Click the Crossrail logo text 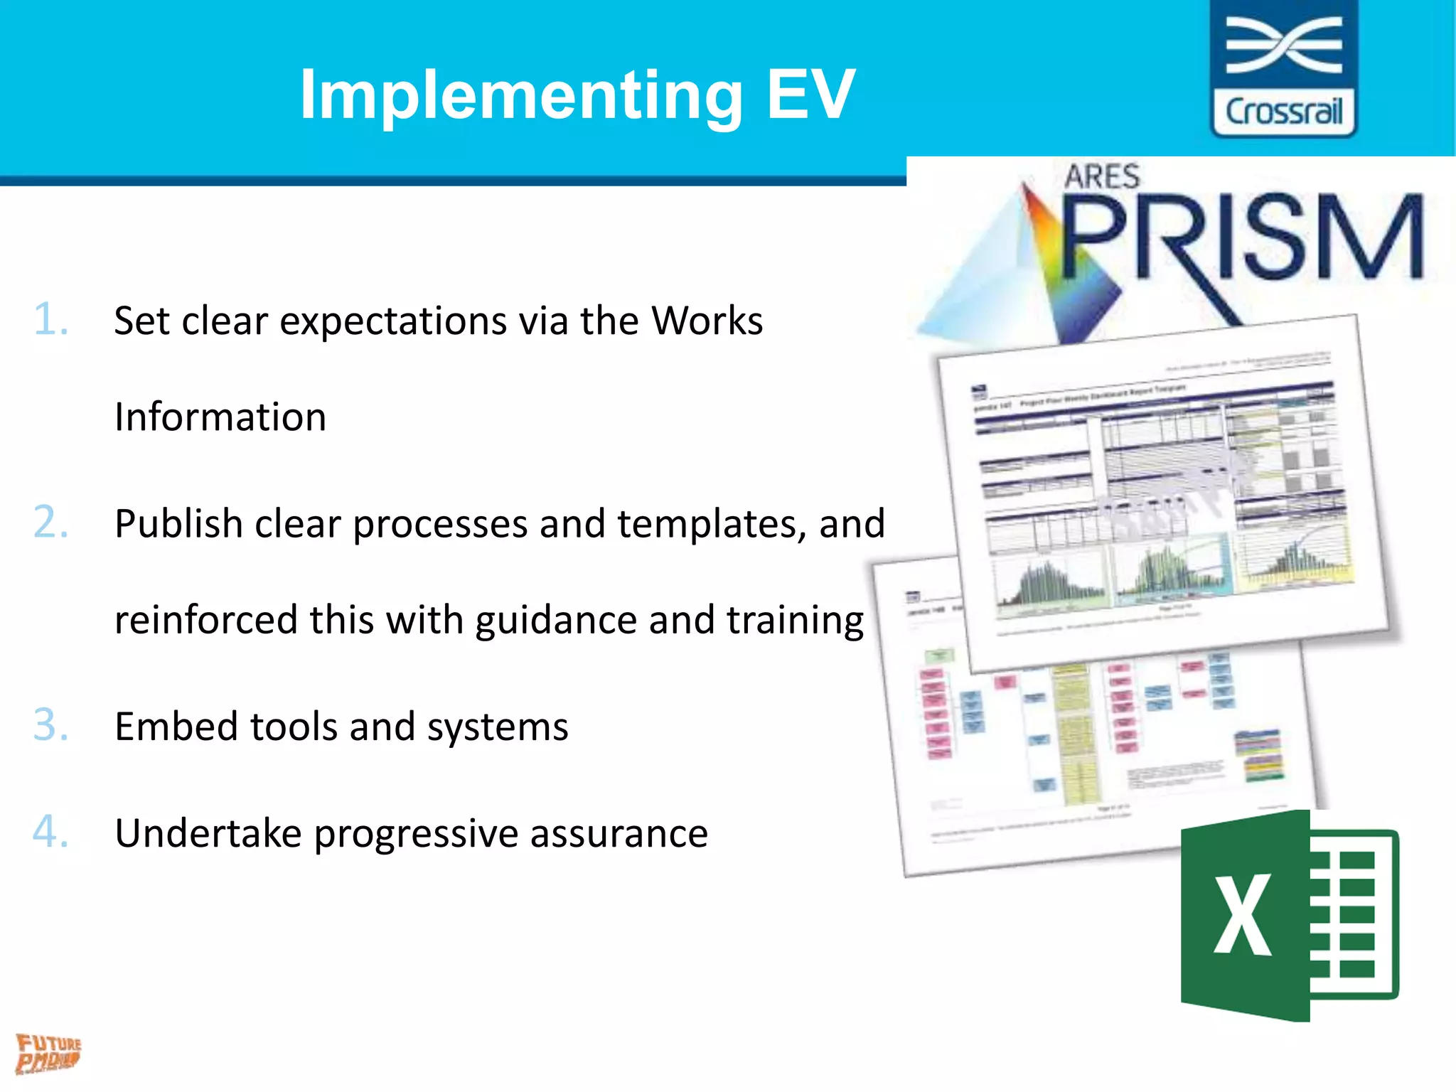pyautogui.click(x=1284, y=112)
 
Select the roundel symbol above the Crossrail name pyautogui.click(x=1284, y=46)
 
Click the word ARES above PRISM pyautogui.click(x=1102, y=176)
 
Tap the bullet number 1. pyautogui.click(x=51, y=319)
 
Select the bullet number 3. pyautogui.click(x=51, y=725)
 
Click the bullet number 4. pyautogui.click(x=51, y=832)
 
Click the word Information pyautogui.click(x=220, y=417)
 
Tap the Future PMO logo pyautogui.click(x=48, y=1053)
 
